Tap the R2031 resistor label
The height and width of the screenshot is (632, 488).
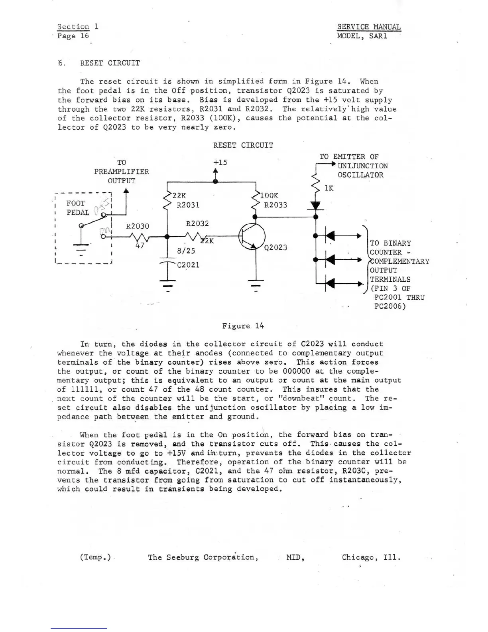188,205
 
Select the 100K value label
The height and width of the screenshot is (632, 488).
269,196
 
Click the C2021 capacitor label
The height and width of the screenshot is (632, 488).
188,265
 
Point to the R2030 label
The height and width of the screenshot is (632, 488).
138,226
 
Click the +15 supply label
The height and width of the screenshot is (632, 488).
220,162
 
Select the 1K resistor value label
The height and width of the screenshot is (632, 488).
329,188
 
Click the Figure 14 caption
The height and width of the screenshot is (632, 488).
243,326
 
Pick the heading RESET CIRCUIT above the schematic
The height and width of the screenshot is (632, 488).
243,145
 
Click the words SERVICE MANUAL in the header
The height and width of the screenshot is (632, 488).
369,27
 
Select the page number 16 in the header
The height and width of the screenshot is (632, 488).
85,36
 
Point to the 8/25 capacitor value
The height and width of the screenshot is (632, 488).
186,251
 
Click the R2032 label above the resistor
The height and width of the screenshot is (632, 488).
197,223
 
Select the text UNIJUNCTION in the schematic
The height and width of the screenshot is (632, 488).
362,166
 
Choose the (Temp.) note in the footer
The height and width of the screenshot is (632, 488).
95,557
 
